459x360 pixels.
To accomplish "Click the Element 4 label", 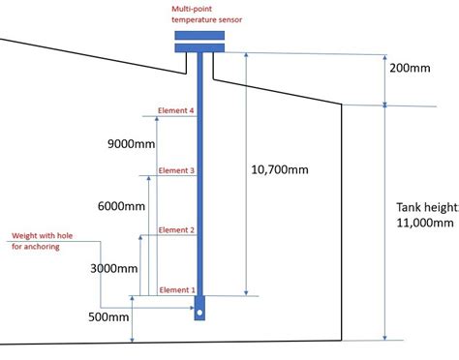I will (x=176, y=111).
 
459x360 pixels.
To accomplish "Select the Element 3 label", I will (x=176, y=170).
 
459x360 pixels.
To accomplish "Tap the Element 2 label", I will (x=176, y=230).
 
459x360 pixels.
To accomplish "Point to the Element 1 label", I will (x=176, y=289).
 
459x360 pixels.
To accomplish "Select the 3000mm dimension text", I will (x=112, y=267).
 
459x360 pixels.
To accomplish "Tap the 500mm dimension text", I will (x=106, y=316).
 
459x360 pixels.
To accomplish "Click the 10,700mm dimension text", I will (x=280, y=169).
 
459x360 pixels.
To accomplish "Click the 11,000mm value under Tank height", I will (x=424, y=224).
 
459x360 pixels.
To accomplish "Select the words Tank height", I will (x=424, y=206).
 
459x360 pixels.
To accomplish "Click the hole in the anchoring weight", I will (x=199, y=313).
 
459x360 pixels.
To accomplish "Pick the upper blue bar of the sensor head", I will (x=199, y=35).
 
